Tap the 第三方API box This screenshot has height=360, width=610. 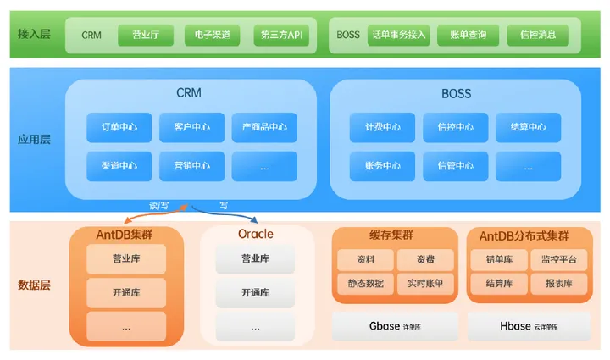pos(282,36)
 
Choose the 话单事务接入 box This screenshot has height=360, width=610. pos(399,36)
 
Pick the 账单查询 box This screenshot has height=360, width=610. pos(469,36)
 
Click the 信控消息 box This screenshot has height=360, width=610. pos(538,36)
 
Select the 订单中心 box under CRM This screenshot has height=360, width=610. pos(119,128)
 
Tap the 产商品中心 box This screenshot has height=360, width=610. pos(264,128)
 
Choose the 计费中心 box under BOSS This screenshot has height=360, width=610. pos(382,128)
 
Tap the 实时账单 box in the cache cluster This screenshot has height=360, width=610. pos(425,283)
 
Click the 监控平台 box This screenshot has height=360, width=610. pos(559,260)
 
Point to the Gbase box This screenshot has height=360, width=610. pos(395,325)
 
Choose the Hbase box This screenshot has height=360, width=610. pos(529,325)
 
